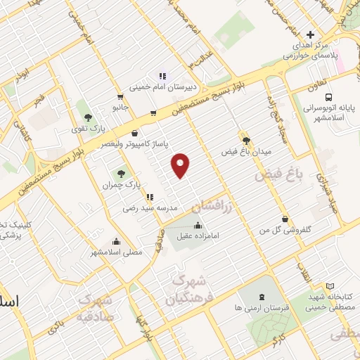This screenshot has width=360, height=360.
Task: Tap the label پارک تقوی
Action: (x=89, y=129)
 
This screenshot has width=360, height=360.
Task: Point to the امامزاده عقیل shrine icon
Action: (x=197, y=226)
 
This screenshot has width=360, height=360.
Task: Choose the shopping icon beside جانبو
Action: (x=121, y=98)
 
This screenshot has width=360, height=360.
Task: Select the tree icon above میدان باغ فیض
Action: (x=245, y=140)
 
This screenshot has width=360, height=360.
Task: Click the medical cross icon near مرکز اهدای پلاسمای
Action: (x=310, y=34)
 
